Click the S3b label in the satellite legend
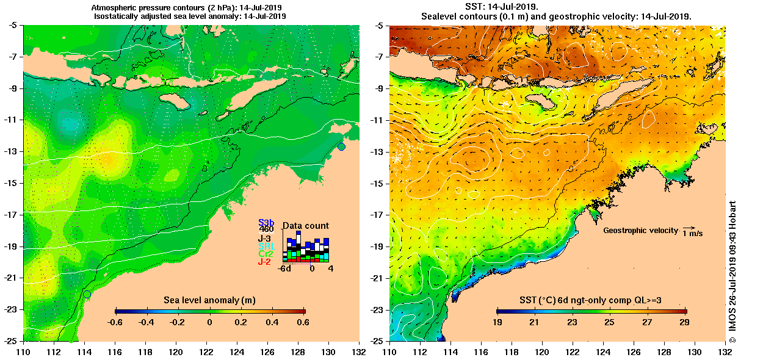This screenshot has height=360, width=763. click(266, 223)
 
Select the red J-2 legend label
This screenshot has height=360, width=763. click(264, 262)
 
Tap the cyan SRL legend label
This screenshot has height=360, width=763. click(266, 246)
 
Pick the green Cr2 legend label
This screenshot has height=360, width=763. click(266, 254)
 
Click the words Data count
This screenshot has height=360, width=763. click(305, 226)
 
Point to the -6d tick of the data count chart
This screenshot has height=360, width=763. click(284, 268)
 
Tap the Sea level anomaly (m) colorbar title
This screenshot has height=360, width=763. click(209, 300)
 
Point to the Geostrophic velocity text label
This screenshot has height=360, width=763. click(640, 231)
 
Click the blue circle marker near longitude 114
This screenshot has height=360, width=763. click(87, 294)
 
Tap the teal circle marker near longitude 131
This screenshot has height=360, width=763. click(341, 146)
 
